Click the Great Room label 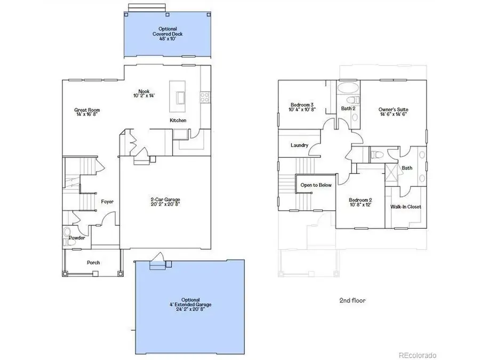click(x=87, y=110)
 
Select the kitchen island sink click(x=180, y=98)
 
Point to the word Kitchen click(x=178, y=121)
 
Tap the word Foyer click(x=107, y=202)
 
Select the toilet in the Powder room click(x=68, y=235)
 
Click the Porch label click(x=93, y=262)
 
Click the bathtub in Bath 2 click(x=349, y=87)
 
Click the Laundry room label click(x=299, y=146)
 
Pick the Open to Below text click(x=316, y=185)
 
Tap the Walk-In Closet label click(x=406, y=206)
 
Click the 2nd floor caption click(x=353, y=300)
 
